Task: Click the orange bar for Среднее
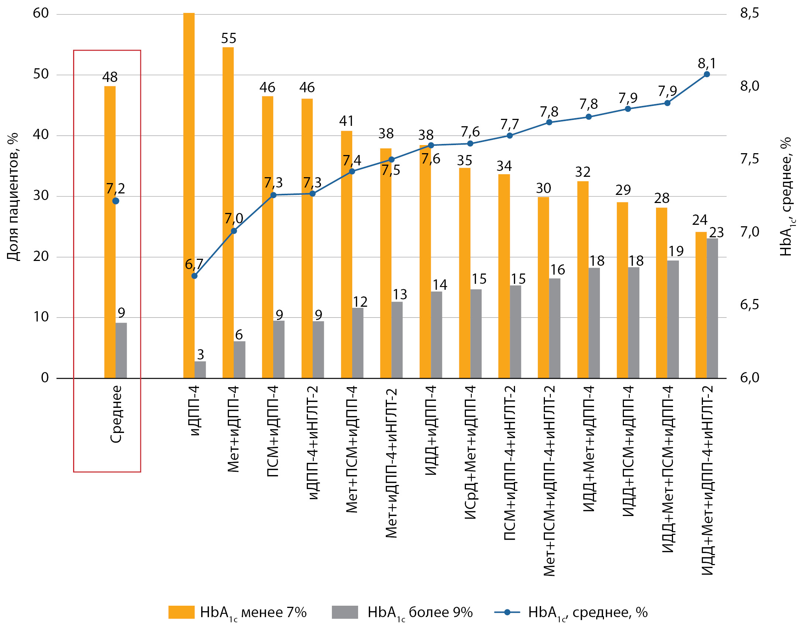coord(110,233)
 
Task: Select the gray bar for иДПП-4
coord(200,369)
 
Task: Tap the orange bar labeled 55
coord(228,212)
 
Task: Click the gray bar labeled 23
coord(712,308)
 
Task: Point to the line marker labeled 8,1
coord(707,74)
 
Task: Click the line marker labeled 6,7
coord(195,276)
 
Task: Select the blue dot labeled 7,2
coord(116,201)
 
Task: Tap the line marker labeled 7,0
coord(234,231)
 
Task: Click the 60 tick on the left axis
coord(41,13)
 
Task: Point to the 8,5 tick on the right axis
coord(749,13)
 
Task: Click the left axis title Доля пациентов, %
coord(13,197)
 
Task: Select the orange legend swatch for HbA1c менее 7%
coord(181,612)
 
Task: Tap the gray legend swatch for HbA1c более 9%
coord(344,612)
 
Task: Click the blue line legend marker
coord(507,612)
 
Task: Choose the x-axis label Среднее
coord(116,414)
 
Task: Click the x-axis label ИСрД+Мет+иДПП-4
coord(470,453)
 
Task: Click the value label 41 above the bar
coord(346,121)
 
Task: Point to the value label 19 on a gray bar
coord(676,251)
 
